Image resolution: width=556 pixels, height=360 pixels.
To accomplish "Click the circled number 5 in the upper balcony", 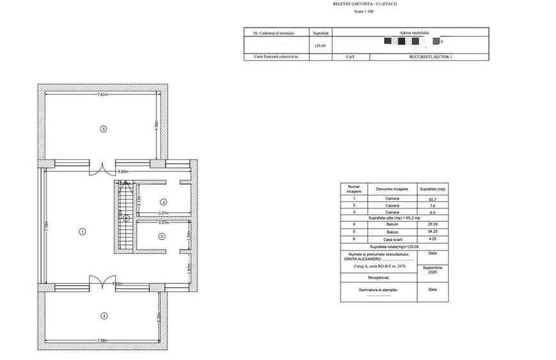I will point(103,129).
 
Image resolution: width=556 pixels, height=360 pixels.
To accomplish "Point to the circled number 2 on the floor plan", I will point(163,201).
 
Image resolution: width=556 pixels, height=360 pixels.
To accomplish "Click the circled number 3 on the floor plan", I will point(162,236).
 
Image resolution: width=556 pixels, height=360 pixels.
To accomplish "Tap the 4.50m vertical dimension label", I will point(157,126).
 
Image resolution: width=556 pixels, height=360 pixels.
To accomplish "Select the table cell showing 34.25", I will point(432,231).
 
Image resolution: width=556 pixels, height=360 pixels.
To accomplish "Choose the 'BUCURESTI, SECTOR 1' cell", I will point(429,57).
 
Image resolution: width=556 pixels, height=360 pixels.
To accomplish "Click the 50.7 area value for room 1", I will point(432,198).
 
